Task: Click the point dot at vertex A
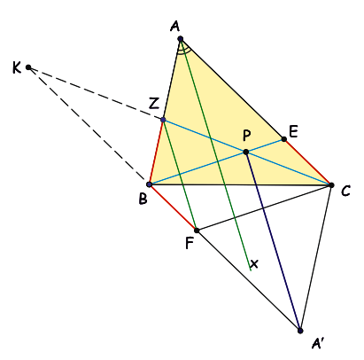(x=181, y=39)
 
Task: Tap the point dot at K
(x=28, y=67)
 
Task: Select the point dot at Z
(x=163, y=120)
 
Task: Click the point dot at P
(x=245, y=152)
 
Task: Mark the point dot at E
(x=284, y=139)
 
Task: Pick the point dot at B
(x=150, y=184)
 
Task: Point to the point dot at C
(x=331, y=185)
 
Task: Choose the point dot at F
(x=197, y=231)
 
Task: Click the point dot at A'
(x=300, y=331)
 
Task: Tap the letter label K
(x=17, y=67)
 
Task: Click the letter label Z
(x=154, y=104)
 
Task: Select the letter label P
(x=247, y=136)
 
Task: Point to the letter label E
(x=293, y=131)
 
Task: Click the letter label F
(x=190, y=243)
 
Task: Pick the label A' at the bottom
(x=318, y=343)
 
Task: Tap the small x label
(x=254, y=263)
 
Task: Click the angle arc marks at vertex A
(x=183, y=52)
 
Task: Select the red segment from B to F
(x=173, y=207)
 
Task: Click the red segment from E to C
(x=307, y=162)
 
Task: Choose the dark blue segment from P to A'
(x=273, y=241)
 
